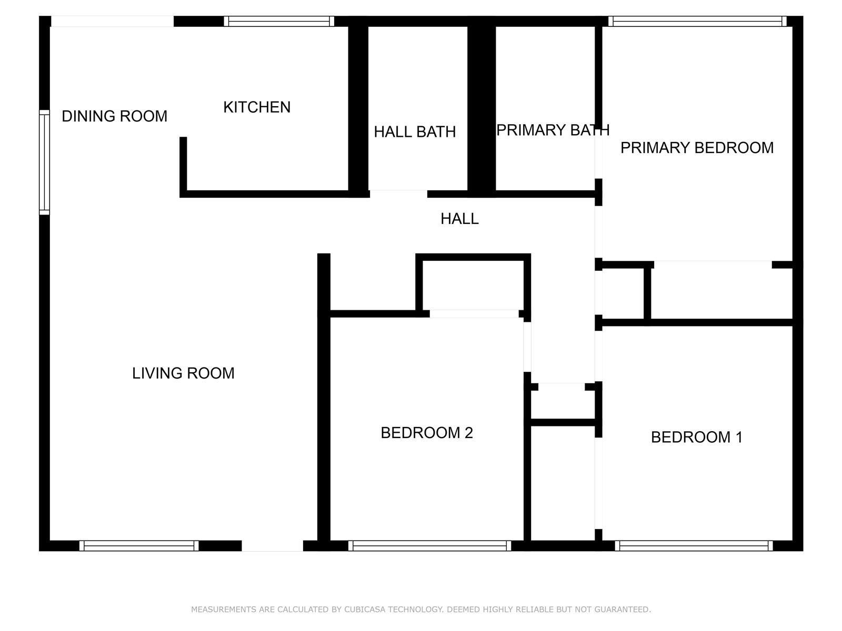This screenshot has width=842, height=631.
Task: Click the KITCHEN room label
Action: pos(257,107)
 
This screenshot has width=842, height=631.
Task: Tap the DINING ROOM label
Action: pos(114,116)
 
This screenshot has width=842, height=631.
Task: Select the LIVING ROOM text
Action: pos(183,373)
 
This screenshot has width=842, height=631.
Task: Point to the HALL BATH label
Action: pos(415,132)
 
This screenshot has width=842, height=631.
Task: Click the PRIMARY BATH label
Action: pos(553,130)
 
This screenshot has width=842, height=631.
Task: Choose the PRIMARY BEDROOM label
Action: pos(697,148)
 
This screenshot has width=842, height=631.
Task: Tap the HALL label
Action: pos(459,219)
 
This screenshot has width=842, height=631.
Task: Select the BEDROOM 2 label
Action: pos(427,433)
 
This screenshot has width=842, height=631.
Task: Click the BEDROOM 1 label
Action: pos(697,437)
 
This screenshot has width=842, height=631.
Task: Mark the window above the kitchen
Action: pos(279,21)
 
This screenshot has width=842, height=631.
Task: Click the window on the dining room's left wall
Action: pos(45,162)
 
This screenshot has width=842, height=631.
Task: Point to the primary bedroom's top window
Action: pos(697,21)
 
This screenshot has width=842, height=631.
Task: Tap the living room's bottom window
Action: pos(139,546)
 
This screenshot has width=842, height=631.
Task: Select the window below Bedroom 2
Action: pos(429,546)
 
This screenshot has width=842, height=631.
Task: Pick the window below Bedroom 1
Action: pos(694,546)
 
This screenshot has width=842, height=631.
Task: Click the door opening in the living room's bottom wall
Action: pos(273,546)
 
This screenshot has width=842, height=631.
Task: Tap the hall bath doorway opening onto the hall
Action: pos(398,194)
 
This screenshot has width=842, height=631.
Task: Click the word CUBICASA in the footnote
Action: pos(365,609)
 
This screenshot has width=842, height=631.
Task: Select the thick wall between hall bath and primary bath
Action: pos(482,111)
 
